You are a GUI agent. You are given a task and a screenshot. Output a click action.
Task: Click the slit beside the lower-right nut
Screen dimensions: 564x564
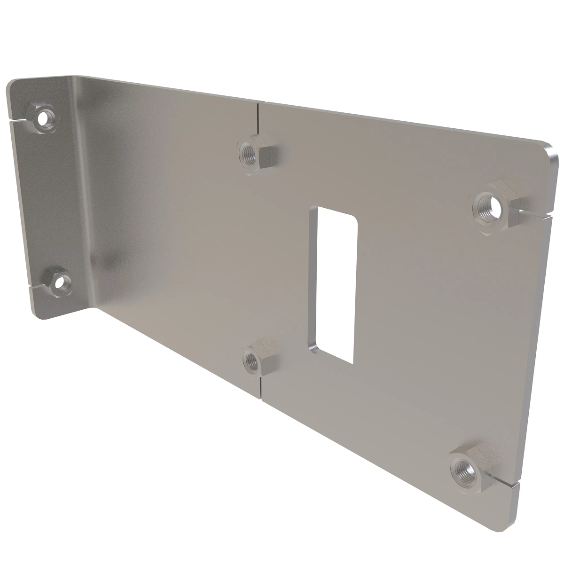tap(505, 482)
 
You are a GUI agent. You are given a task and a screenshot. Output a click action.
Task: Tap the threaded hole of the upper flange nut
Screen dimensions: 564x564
tap(46, 116)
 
